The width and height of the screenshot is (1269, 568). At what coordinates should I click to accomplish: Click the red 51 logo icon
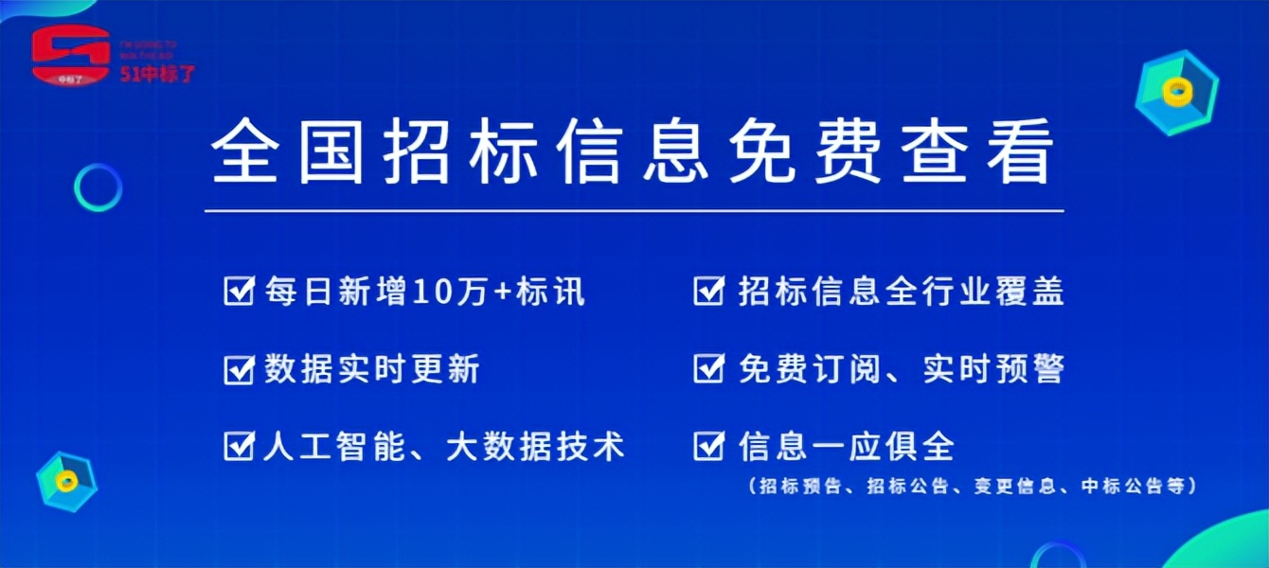[70, 56]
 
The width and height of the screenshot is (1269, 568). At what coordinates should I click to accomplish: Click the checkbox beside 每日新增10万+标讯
[238, 291]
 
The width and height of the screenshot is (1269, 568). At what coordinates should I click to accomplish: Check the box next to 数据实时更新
[238, 368]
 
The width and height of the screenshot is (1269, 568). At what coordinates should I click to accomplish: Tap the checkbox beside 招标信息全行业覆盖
[708, 291]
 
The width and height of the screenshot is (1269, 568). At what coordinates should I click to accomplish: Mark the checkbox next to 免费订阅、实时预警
[708, 368]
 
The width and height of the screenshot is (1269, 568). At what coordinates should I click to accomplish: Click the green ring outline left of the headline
[98, 186]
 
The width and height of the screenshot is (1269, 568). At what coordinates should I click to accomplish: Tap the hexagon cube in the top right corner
[1177, 92]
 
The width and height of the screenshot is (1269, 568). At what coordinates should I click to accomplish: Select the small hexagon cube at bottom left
[66, 481]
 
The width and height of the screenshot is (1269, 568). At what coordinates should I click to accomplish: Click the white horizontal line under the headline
[634, 210]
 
